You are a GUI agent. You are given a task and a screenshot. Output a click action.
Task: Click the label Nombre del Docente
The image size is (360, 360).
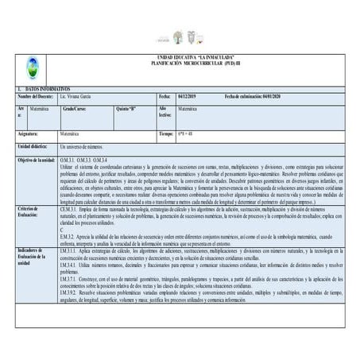pos(37,95)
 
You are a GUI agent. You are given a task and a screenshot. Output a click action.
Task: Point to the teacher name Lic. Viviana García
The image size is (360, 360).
pos(79,95)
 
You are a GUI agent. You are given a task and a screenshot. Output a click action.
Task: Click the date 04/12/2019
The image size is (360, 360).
pos(191,95)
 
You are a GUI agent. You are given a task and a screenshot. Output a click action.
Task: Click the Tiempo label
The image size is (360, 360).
pos(166,134)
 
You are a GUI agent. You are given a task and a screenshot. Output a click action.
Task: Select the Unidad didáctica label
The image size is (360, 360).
pos(35,147)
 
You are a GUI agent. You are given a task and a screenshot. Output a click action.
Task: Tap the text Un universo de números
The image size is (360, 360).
pos(82,147)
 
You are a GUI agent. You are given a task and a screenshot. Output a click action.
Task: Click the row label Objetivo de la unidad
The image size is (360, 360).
pos(36,160)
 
